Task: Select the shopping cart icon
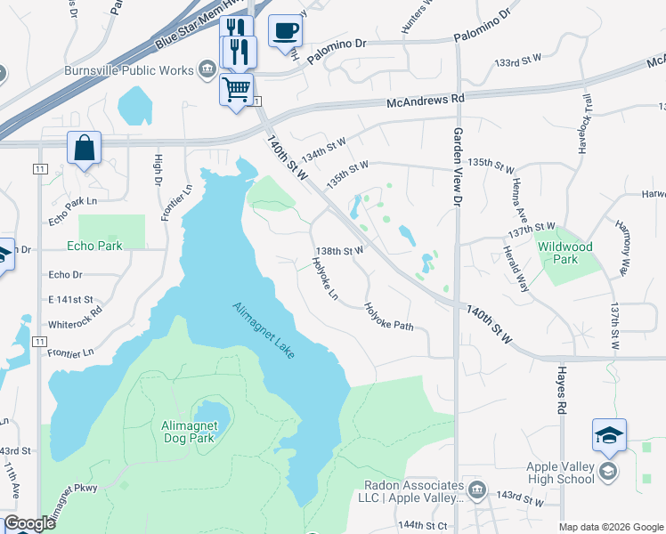pyautogui.click(x=236, y=89)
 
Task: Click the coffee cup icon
pyautogui.click(x=285, y=30)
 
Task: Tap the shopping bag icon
pyautogui.click(x=84, y=147)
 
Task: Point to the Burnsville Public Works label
pyautogui.click(x=129, y=69)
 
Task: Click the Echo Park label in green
pyautogui.click(x=94, y=246)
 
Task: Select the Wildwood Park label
pyautogui.click(x=564, y=253)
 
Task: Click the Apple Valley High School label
pyautogui.click(x=560, y=473)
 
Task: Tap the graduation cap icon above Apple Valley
pyautogui.click(x=609, y=435)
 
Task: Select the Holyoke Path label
pyautogui.click(x=389, y=317)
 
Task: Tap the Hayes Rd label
pyautogui.click(x=562, y=391)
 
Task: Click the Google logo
pyautogui.click(x=29, y=523)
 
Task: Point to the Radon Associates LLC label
pyautogui.click(x=414, y=492)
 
